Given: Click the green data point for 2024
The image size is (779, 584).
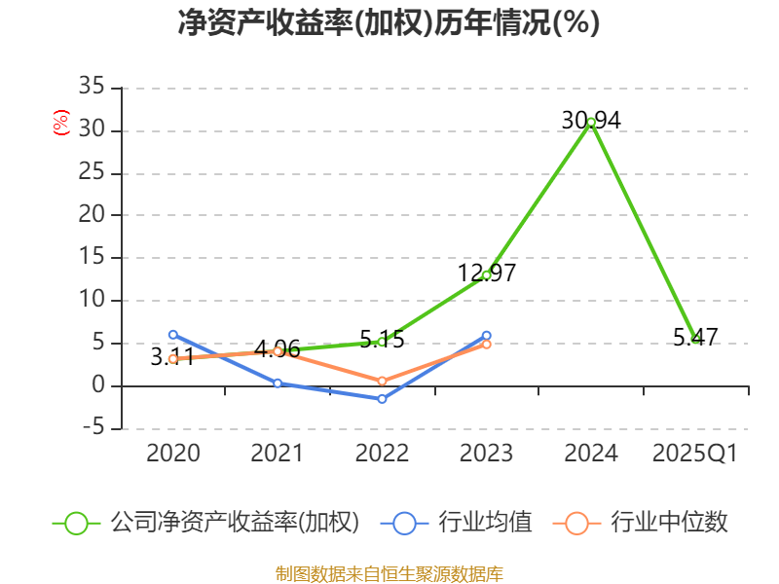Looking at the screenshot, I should coord(591,123).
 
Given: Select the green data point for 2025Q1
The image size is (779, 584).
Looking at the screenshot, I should coord(695,339).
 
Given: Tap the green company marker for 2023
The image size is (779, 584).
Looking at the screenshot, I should coord(486,275).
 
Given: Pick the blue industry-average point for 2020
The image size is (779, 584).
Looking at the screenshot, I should coord(172,335).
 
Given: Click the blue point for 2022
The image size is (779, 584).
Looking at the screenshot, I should coord(382,399).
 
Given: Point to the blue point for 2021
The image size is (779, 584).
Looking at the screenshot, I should coord(278,383).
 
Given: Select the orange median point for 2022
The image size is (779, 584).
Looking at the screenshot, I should coord(382,381).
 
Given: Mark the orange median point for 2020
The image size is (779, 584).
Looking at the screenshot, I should coord(172,359).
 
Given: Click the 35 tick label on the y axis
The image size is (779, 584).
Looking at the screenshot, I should coord(91,88).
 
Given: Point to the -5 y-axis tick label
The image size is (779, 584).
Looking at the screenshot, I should coord(91,428).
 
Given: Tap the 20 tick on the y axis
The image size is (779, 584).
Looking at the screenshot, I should coord(91,215).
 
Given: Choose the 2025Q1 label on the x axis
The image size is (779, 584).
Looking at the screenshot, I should coord(695,454).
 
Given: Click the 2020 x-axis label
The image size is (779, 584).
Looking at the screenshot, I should coord(172,454).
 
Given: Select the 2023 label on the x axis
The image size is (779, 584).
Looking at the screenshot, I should coord(486,454).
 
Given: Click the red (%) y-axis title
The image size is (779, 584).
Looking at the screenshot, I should coord(61,124).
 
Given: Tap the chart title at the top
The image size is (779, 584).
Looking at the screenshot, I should coord(389,23).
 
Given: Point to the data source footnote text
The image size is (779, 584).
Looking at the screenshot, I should coord(389,573).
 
